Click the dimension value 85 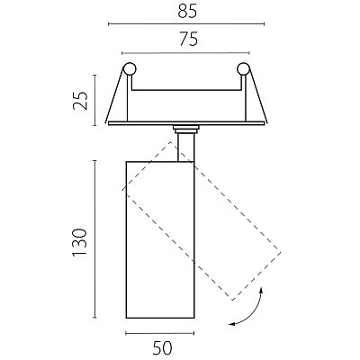pos(187,12)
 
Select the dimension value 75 pos(189,39)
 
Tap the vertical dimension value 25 pos(80,100)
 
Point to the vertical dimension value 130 pos(79,242)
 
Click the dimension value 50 pos(163,348)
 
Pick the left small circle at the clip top pos(130,69)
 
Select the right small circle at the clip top pos(243,69)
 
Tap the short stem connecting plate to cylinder pos(186,148)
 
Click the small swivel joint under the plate pos(186,129)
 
